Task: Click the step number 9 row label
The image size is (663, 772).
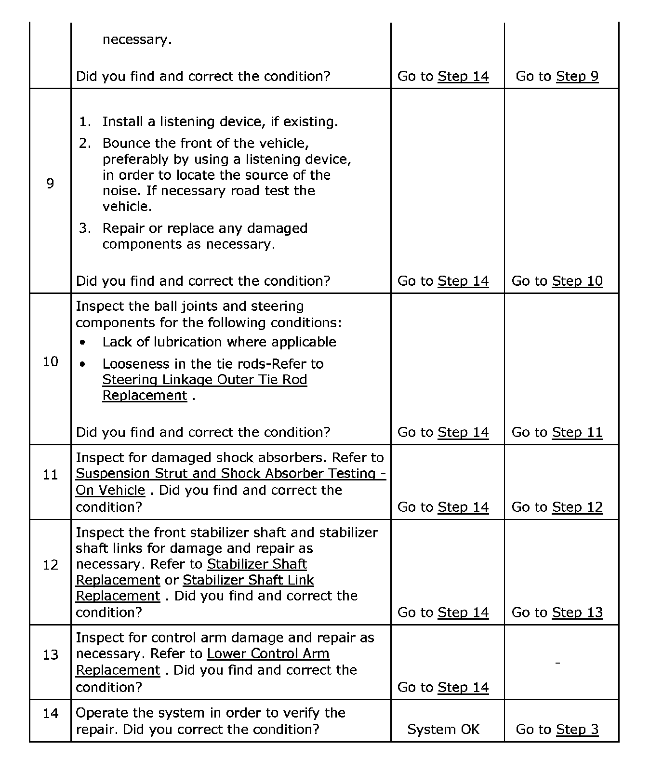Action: coord(50,183)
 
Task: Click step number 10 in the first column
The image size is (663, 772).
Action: coord(50,361)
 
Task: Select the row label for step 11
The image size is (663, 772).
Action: coord(50,475)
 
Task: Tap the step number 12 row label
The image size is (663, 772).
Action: coord(50,565)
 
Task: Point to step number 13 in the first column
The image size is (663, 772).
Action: coord(50,654)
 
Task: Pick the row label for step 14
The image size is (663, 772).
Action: coord(50,713)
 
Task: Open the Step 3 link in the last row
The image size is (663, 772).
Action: coord(577,729)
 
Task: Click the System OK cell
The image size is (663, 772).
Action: coord(443,729)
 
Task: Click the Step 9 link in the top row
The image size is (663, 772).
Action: coord(577,76)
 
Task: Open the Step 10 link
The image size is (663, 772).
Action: coord(577,281)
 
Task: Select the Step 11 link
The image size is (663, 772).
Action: coord(577,432)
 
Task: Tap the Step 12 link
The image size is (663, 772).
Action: coord(577,507)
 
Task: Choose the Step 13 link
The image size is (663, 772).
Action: coord(577,612)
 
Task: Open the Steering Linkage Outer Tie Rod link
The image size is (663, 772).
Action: coord(204,380)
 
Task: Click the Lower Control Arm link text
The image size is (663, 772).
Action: coord(268,654)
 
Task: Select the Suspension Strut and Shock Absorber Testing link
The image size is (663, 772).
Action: coord(230,474)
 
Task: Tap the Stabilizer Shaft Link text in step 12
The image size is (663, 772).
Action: coord(248,580)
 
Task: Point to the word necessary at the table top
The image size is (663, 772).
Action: coord(137,40)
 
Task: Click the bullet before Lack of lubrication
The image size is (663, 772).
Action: coord(84,343)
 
